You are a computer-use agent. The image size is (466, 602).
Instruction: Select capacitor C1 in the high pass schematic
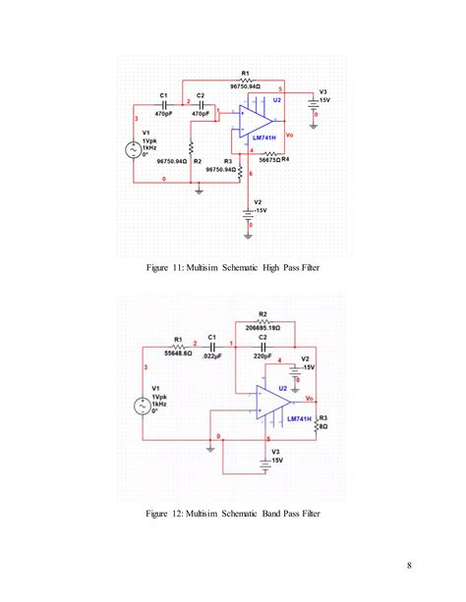coord(164,103)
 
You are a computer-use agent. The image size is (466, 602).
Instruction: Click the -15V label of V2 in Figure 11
coord(260,210)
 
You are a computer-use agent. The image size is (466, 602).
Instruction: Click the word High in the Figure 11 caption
coord(262,267)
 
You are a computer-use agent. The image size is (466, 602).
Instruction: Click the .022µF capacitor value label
coord(211,356)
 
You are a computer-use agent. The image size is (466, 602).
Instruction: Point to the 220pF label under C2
coord(263,356)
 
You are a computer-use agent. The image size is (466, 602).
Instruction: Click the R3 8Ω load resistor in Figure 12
coord(318,422)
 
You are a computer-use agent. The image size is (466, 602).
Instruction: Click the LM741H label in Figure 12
coord(299,418)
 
